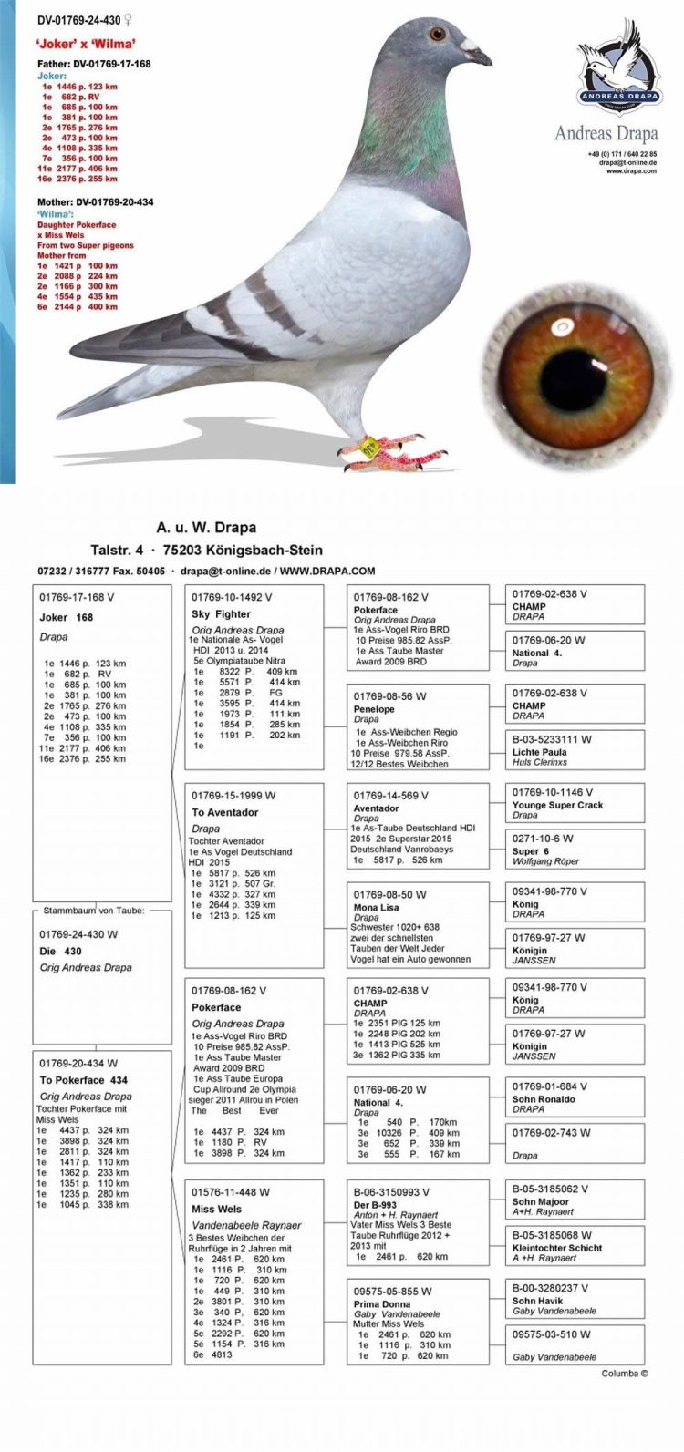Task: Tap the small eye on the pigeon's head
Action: point(438,34)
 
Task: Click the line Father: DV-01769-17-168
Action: point(94,64)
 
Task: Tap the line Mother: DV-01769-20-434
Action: point(95,201)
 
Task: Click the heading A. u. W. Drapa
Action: point(206,527)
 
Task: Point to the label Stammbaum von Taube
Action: point(94,910)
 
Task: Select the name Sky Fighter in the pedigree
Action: point(221,614)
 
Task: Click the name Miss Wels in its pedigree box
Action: point(216,1209)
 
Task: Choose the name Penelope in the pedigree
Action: point(374,709)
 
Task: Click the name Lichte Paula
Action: point(539,753)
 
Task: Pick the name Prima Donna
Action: point(380,1304)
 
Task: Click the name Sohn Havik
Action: point(537,1301)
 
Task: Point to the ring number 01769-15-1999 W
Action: point(233,796)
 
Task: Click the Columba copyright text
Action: point(625,1374)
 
